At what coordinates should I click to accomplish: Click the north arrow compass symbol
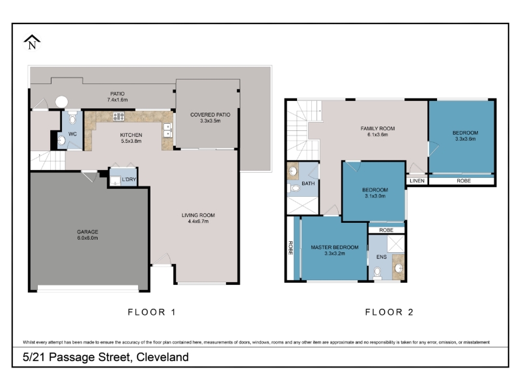32,42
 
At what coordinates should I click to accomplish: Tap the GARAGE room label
87,232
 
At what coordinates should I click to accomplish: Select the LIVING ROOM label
198,215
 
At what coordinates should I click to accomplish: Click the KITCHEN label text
132,135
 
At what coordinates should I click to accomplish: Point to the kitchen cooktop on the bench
119,117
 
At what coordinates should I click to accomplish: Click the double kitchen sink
167,130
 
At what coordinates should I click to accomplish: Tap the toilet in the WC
72,119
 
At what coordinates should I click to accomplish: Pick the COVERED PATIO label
210,115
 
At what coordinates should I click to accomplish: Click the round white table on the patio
61,102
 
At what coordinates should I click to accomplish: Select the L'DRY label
129,180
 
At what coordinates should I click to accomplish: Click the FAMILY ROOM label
378,128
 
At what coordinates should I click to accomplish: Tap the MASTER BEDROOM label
335,248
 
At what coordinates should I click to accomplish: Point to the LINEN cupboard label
417,181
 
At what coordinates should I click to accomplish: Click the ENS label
382,257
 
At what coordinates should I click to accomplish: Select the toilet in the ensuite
377,272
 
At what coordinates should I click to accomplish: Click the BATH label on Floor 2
308,183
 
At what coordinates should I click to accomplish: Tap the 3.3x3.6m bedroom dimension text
465,139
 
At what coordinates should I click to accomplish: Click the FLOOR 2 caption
389,312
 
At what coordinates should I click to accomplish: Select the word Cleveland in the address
162,357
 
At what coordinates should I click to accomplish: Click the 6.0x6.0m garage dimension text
87,238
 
